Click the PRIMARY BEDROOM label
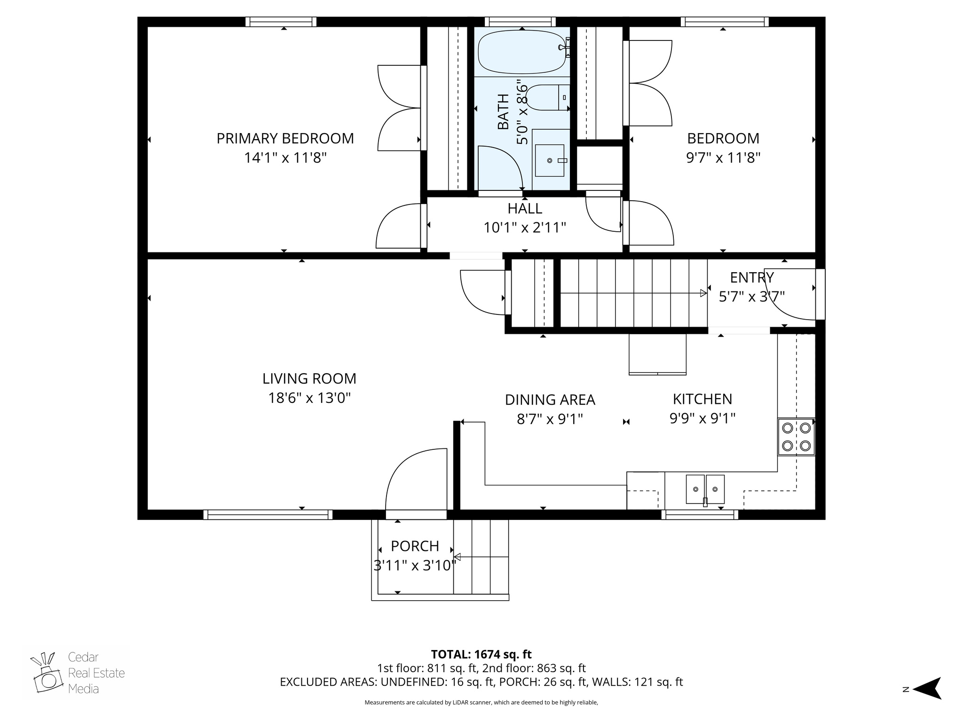click(285, 138)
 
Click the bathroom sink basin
click(549, 160)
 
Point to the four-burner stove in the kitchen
click(796, 437)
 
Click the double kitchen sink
click(704, 489)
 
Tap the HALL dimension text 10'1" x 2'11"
click(524, 228)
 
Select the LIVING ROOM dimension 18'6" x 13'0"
click(309, 399)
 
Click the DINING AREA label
click(550, 400)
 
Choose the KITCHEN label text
click(702, 399)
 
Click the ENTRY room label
click(751, 278)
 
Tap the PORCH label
click(415, 546)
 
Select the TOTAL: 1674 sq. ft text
click(481, 654)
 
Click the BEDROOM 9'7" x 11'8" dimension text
click(723, 158)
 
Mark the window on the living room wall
click(268, 515)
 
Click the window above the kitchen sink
click(700, 515)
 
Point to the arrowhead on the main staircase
click(703, 293)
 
